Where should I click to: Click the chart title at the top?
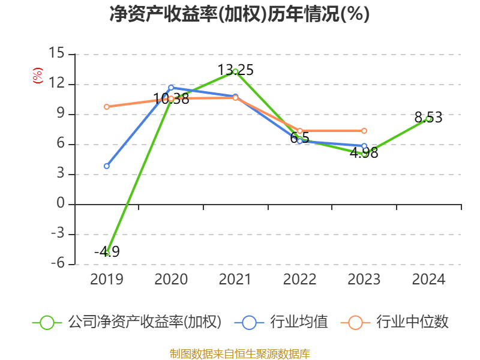tap(239, 14)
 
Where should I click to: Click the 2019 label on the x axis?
tap(106, 279)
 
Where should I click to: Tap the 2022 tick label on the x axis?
tap(299, 279)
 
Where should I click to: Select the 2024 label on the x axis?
tap(428, 279)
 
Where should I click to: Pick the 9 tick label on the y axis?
tap(60, 114)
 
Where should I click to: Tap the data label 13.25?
tap(235, 70)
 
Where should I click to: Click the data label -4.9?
tap(107, 252)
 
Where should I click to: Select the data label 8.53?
tap(428, 118)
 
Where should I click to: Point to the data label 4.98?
tap(364, 153)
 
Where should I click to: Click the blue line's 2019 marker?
tap(107, 166)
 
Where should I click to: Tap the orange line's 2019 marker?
tap(107, 107)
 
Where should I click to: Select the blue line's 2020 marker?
tap(171, 88)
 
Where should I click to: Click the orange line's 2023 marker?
tap(364, 131)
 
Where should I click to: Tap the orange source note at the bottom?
tap(239, 353)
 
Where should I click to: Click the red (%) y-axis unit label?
tap(38, 76)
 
